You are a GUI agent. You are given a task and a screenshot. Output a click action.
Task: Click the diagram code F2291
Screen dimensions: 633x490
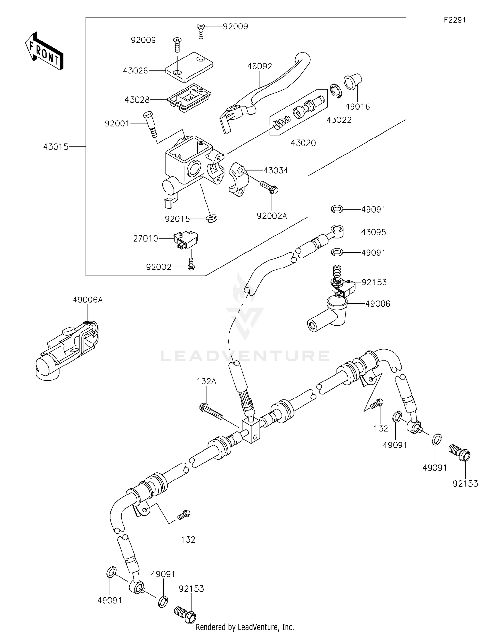[454, 20]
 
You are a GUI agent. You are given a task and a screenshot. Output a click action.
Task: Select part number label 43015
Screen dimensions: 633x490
[56, 147]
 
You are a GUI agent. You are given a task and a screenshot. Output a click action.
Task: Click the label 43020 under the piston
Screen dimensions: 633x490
[303, 143]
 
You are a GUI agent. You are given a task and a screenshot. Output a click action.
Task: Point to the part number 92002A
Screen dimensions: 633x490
[272, 216]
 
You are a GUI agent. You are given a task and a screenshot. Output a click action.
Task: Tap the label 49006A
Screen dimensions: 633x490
[88, 300]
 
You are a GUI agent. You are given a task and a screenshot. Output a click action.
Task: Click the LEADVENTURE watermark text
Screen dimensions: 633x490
[245, 356]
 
